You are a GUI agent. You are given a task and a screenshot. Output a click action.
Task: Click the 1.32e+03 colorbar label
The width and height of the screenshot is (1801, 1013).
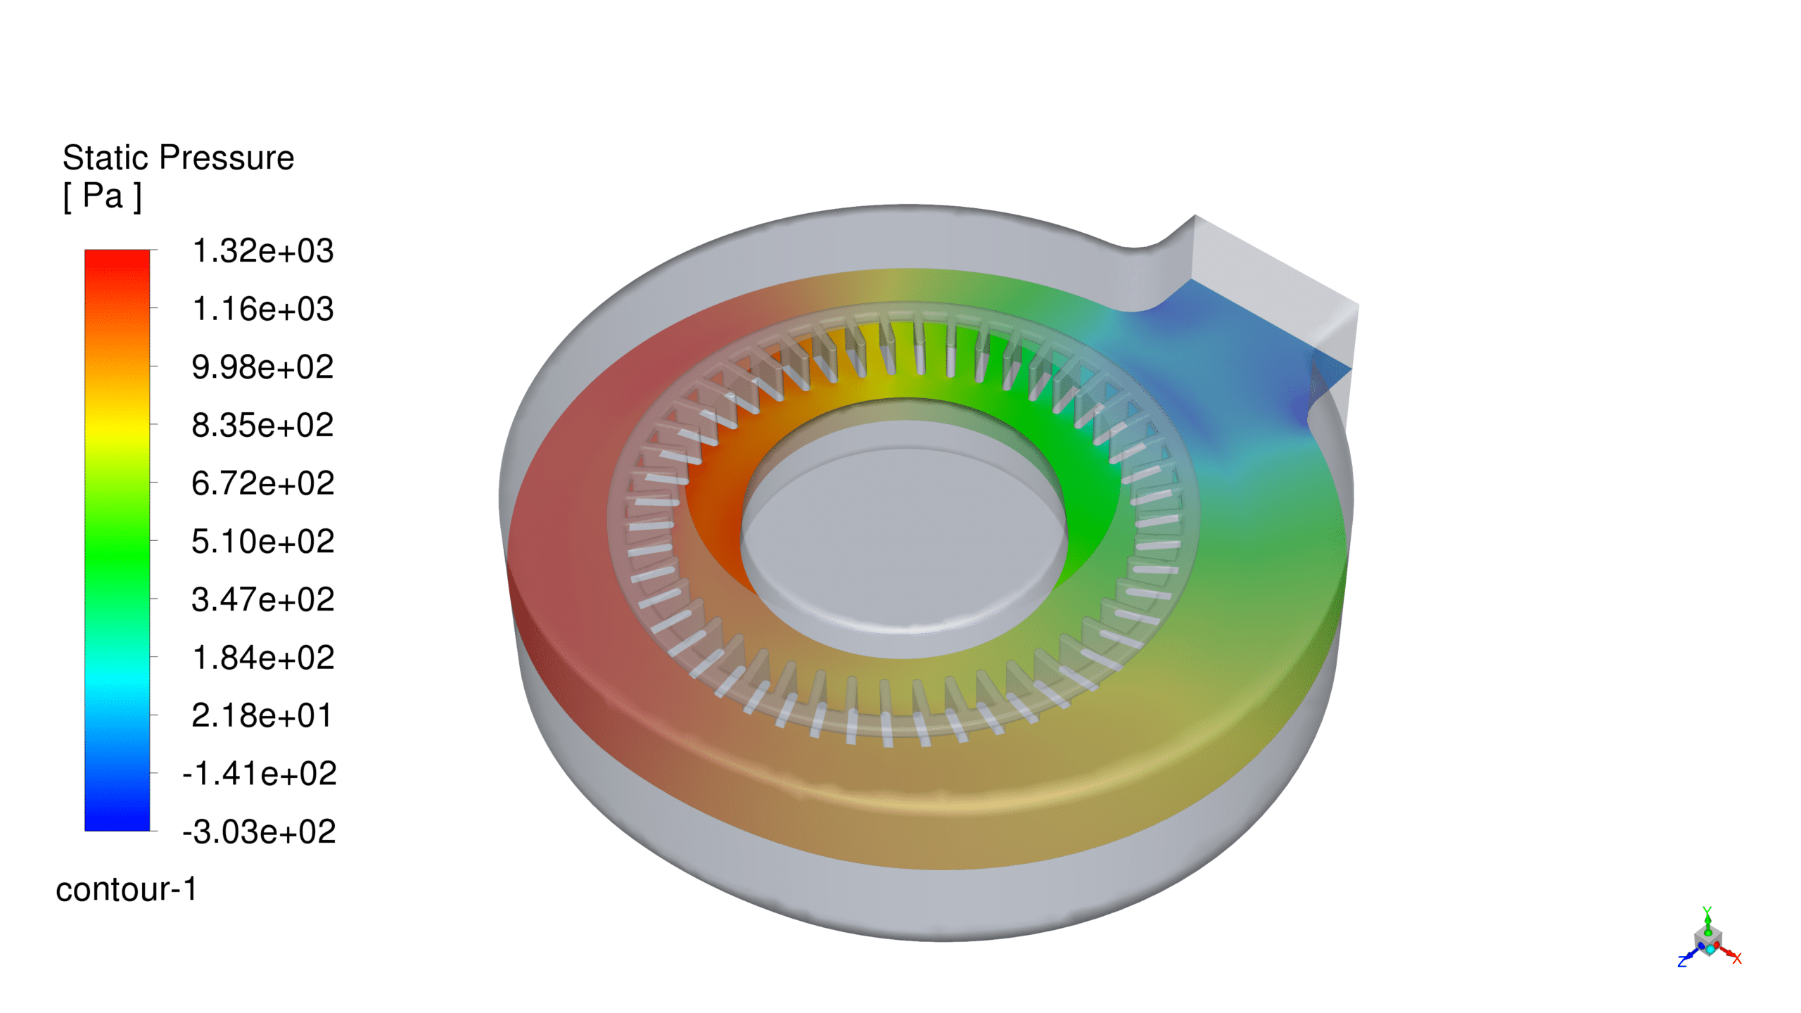pos(263,251)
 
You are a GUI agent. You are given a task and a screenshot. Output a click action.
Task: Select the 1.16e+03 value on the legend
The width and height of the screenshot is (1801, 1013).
pos(263,310)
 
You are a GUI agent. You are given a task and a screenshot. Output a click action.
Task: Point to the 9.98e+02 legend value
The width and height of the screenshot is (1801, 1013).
pos(263,367)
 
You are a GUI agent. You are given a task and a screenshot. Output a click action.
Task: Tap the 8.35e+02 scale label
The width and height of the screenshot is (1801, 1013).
pos(263,426)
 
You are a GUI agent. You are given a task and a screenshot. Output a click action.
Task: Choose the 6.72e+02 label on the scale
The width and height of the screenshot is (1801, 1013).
pos(263,484)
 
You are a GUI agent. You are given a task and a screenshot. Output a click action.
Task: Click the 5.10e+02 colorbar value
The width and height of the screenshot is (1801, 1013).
pos(263,542)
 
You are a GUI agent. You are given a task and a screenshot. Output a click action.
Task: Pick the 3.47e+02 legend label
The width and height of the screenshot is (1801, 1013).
pos(263,600)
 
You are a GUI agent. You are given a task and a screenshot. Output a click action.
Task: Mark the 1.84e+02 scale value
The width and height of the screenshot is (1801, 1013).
pos(263,658)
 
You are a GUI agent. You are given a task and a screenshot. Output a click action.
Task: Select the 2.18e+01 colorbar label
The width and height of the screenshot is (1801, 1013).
pos(262,716)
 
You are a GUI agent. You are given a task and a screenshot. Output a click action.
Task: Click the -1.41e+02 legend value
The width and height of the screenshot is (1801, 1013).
pos(260,774)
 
